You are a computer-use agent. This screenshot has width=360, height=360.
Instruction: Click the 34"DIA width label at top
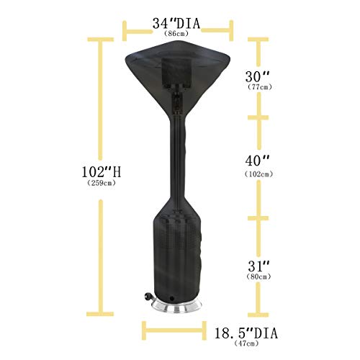pyautogui.click(x=176, y=24)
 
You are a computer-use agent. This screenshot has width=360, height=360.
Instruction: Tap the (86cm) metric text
pyautogui.click(x=177, y=35)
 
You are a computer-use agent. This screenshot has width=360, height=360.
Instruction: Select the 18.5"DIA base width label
pyautogui.click(x=246, y=333)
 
